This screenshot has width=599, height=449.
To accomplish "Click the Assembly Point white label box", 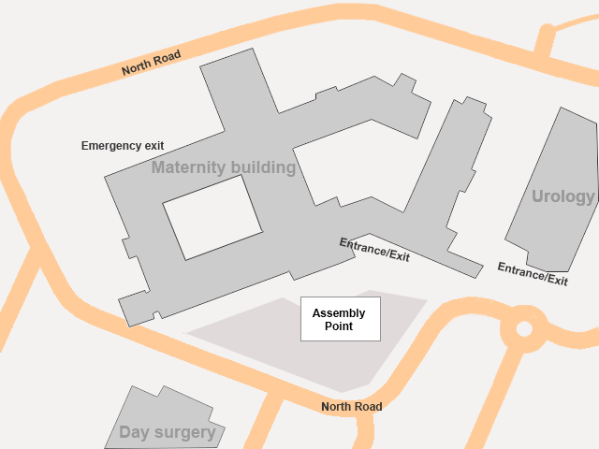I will point(340,319).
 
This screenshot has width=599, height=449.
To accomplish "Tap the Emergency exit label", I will point(123,146).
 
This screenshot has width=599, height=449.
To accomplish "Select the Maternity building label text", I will point(224,168).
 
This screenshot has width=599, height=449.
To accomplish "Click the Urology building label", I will point(563,196).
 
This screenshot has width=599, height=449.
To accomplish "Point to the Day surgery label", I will point(167,433).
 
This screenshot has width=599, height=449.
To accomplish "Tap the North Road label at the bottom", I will point(351,407).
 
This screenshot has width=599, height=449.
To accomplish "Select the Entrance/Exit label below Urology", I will point(533,273).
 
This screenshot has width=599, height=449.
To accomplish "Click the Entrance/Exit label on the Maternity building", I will point(374,250).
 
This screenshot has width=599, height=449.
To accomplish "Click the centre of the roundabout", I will point(524,328).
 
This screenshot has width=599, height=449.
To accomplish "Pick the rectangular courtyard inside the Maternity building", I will point(212,217).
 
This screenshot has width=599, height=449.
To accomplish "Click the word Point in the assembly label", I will point(339,326).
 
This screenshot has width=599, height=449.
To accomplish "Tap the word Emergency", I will point(110,146).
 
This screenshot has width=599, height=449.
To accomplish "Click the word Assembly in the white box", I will point(339,313).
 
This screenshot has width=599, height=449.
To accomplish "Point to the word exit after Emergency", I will point(153,146).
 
